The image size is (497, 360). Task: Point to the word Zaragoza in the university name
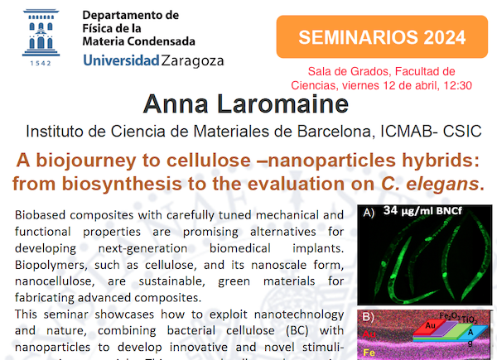click(x=193, y=60)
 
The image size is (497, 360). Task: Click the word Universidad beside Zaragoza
click(x=121, y=60)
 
